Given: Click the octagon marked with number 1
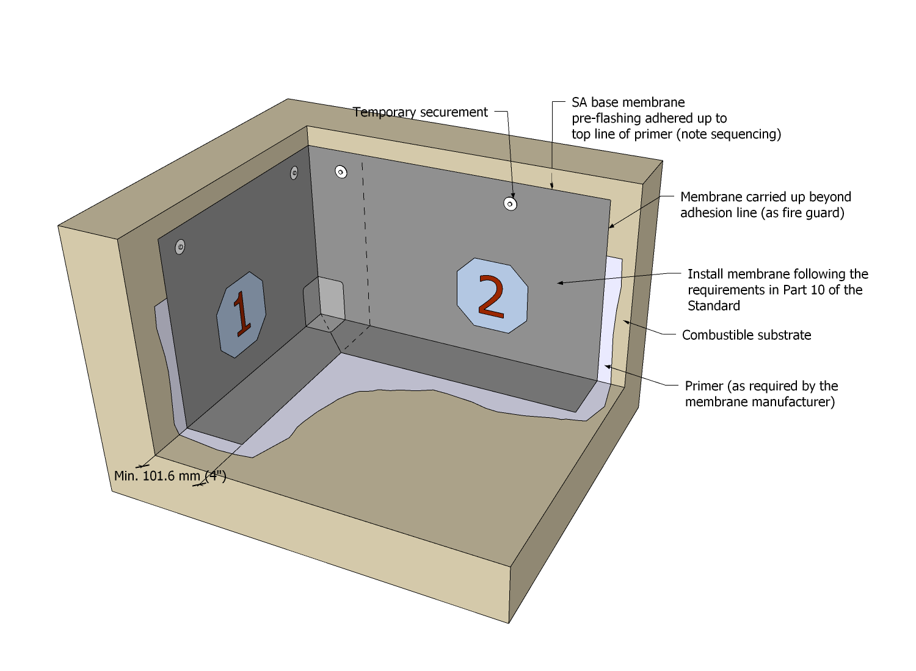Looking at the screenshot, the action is [x=241, y=315].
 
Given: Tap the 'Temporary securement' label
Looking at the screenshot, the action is [x=420, y=112].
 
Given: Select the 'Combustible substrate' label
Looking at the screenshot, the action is [x=747, y=335].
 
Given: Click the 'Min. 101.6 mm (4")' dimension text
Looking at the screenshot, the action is [x=170, y=476].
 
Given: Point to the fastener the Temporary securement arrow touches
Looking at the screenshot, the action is [x=510, y=204].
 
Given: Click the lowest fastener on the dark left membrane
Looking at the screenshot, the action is [x=180, y=246].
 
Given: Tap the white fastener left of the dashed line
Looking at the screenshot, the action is [x=341, y=172].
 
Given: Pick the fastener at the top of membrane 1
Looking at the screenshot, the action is [x=294, y=173].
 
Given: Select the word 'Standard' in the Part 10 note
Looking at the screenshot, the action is [x=714, y=306].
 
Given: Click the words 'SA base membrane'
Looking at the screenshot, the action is [x=628, y=102].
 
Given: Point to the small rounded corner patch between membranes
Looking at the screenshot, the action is [x=324, y=304].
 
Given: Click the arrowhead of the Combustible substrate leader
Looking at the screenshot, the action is [x=626, y=323].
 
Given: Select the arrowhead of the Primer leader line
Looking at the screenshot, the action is [x=608, y=367].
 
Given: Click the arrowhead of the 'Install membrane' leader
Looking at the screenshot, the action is [x=560, y=282].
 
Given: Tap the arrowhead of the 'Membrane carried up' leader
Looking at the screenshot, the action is [x=611, y=226].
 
